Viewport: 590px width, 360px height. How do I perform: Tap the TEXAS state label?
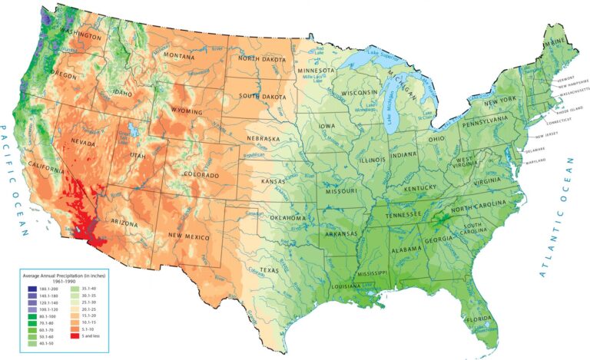(x=269, y=271)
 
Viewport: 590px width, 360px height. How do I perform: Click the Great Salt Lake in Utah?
(x=136, y=130)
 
